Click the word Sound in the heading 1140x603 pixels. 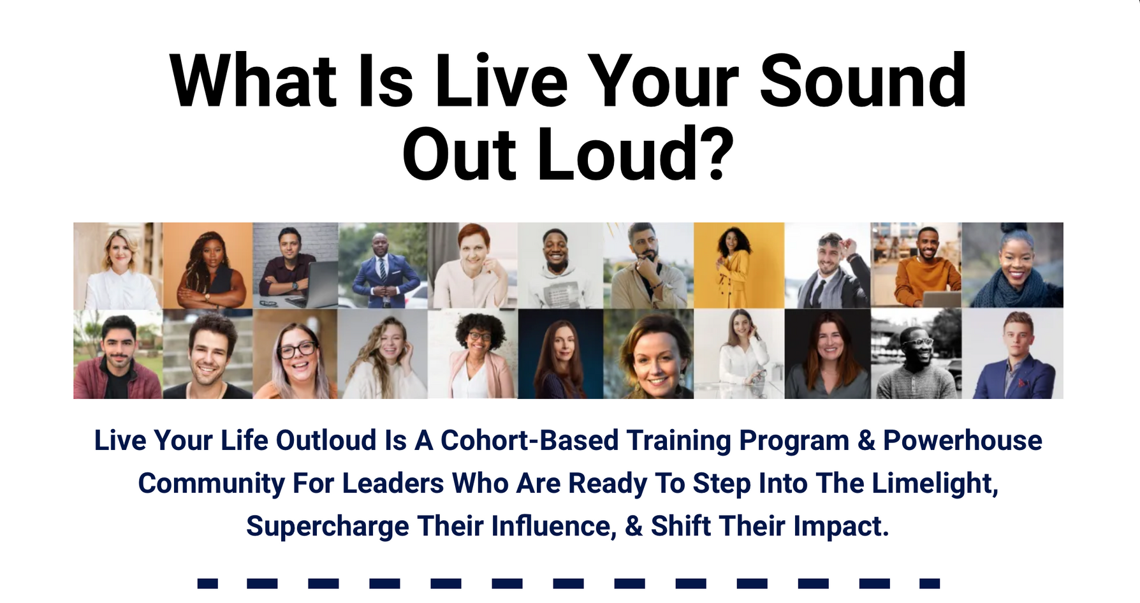[x=863, y=81]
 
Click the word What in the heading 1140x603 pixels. [x=253, y=81]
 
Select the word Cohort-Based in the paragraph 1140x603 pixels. [x=529, y=440]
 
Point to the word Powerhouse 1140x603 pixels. [x=963, y=440]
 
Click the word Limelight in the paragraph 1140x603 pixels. [x=933, y=484]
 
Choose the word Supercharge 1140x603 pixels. [x=328, y=527]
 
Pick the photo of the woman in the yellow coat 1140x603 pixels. [x=739, y=265]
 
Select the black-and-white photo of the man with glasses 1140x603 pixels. [x=916, y=354]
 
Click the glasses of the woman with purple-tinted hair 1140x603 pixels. [x=296, y=349]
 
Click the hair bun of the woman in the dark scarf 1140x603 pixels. [x=1014, y=228]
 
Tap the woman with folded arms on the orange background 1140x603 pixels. [x=208, y=265]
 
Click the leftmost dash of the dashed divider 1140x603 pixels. [x=208, y=583]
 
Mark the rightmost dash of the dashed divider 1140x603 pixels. [x=930, y=583]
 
